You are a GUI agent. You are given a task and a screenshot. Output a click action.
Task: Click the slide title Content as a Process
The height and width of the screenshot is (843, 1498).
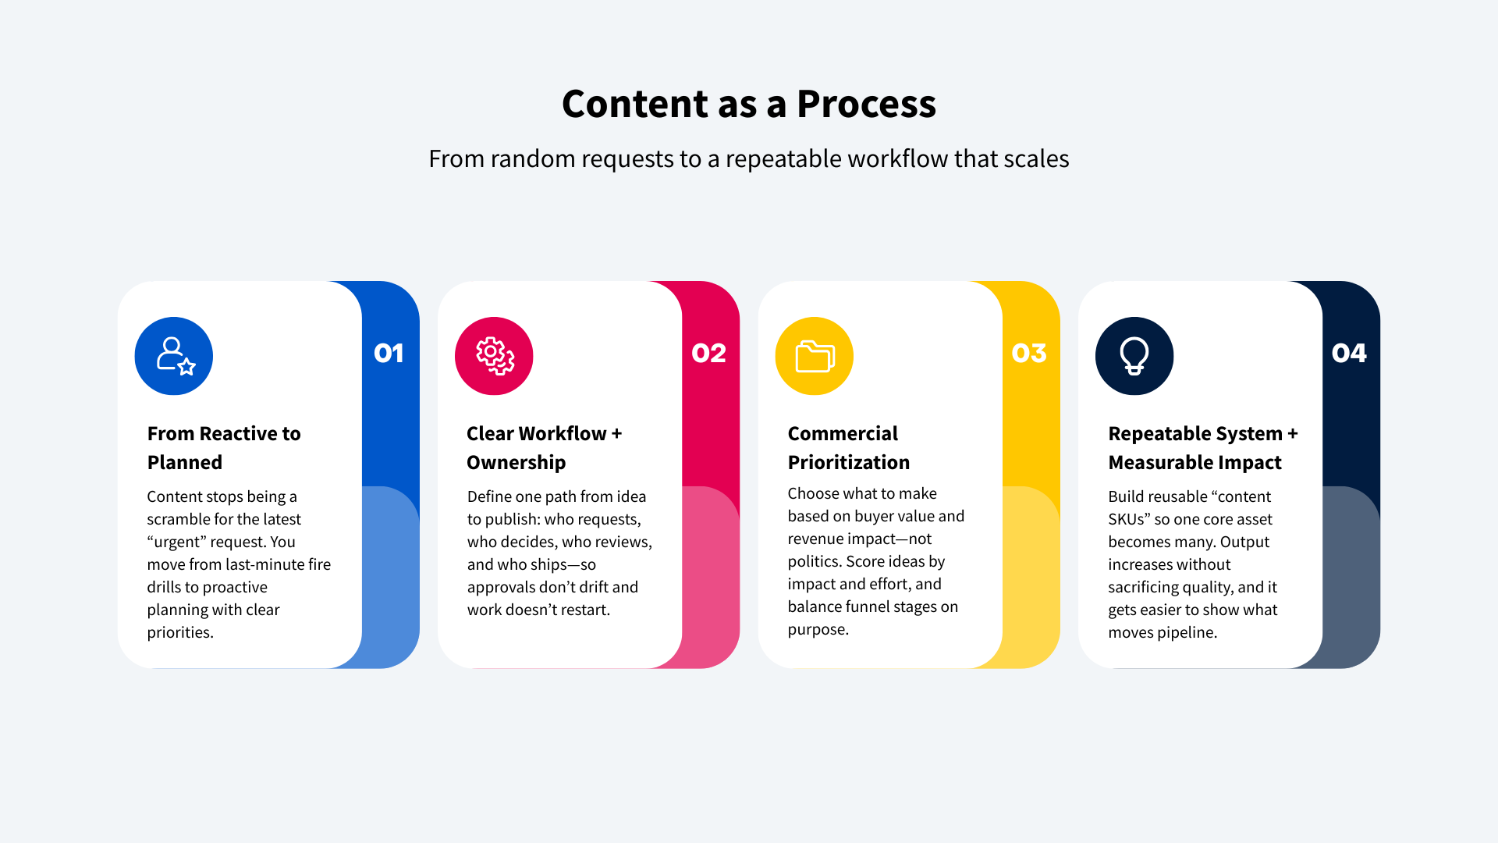[x=749, y=104]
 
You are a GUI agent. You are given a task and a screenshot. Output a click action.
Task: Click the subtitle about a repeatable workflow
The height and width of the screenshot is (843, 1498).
[x=749, y=158]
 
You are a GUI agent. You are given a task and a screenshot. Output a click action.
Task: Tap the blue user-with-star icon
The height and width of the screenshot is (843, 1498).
[x=174, y=356]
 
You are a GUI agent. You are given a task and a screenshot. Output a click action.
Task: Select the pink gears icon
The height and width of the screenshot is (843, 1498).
[x=494, y=356]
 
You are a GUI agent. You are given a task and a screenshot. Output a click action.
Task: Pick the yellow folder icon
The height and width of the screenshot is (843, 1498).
[x=815, y=356]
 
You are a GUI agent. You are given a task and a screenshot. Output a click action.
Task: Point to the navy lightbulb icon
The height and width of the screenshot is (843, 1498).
[x=1134, y=356]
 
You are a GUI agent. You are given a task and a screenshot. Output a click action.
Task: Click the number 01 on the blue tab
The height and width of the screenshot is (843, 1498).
[x=389, y=354]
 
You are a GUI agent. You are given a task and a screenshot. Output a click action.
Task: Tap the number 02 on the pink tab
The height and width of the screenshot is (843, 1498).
[x=708, y=354]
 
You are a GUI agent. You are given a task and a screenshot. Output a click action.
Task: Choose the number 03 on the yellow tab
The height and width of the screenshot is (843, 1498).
[x=1029, y=354]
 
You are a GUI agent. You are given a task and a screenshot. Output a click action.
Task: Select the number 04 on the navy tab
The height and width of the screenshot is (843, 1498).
[x=1349, y=354]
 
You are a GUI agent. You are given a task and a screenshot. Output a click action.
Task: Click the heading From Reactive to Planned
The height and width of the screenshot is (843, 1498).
[x=224, y=448]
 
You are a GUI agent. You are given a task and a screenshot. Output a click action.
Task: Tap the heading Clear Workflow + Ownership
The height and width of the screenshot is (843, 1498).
[x=545, y=448]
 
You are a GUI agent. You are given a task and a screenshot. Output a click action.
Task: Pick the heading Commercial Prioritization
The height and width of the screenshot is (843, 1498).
[x=849, y=448]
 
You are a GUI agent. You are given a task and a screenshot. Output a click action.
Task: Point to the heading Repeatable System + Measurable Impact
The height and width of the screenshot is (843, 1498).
[x=1203, y=448]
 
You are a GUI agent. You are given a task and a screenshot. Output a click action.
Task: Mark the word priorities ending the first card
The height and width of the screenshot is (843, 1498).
[x=180, y=633]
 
